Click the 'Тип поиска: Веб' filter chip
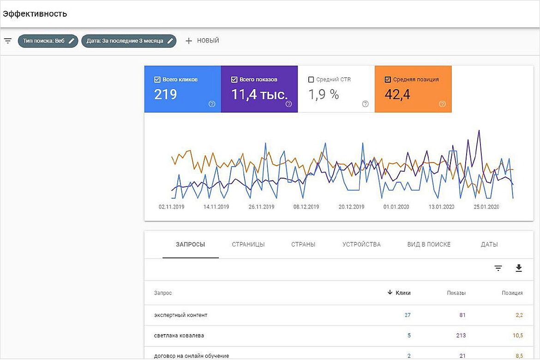click(x=48, y=41)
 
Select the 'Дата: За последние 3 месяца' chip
click(x=129, y=41)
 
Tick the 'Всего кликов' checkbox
click(x=157, y=79)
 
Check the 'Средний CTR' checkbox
click(x=311, y=79)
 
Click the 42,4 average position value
click(x=397, y=95)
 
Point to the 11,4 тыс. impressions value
click(x=259, y=95)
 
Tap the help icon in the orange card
click(x=442, y=104)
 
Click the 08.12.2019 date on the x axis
click(x=306, y=207)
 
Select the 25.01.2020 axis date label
click(x=486, y=207)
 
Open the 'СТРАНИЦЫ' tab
click(x=248, y=244)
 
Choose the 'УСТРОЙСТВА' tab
click(x=361, y=244)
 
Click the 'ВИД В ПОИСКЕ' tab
click(x=429, y=244)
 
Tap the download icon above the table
click(x=519, y=268)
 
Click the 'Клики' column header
click(x=403, y=293)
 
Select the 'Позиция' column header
click(x=512, y=293)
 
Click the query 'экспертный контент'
click(x=181, y=315)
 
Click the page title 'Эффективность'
click(x=35, y=14)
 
